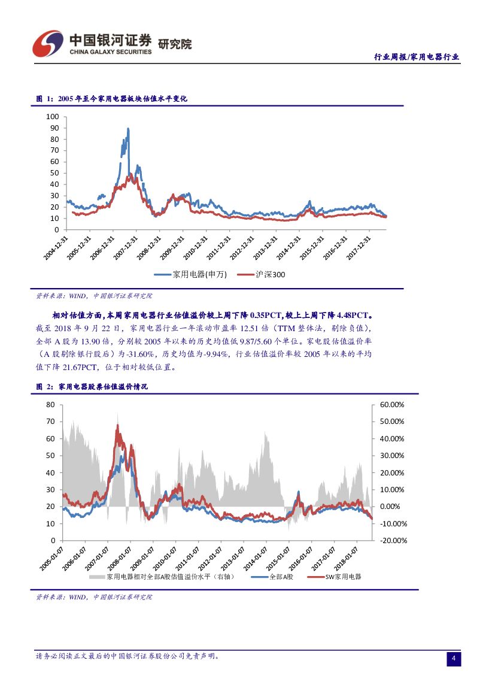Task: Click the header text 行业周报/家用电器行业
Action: click(417, 57)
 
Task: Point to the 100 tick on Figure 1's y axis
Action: click(53, 117)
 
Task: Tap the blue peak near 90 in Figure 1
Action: click(128, 129)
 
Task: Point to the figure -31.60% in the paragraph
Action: click(144, 354)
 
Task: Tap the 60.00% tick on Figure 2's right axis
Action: click(393, 405)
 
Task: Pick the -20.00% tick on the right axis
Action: click(393, 541)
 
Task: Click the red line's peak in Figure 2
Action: click(118, 426)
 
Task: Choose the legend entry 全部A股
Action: click(280, 577)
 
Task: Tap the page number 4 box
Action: click(454, 659)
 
